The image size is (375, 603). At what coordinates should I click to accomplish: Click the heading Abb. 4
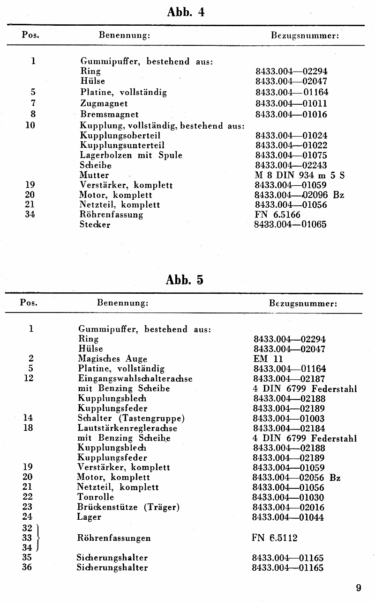coord(186,12)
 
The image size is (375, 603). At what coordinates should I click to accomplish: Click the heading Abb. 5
coord(185,280)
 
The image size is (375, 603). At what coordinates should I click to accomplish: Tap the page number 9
coord(358,588)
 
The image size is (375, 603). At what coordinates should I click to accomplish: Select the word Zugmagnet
coord(104,103)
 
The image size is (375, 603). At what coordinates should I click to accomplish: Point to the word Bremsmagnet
coord(109,114)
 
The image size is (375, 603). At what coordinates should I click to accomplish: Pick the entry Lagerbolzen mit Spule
coord(131,155)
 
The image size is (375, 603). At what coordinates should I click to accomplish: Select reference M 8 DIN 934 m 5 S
coord(300,175)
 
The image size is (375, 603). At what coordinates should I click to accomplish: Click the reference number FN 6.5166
coord(278,215)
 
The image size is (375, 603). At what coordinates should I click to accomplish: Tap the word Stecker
coord(95,225)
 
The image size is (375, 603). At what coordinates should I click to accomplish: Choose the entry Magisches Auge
coord(112,359)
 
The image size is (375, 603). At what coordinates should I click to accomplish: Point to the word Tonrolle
coord(95,497)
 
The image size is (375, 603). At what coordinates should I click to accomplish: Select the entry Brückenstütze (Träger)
coord(128,507)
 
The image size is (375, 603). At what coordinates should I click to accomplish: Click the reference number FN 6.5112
coord(274,538)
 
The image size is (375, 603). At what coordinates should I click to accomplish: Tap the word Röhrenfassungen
coord(114,538)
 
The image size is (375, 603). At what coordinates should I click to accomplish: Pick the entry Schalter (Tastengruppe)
coord(131,418)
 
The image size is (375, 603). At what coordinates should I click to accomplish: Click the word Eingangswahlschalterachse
coord(135,378)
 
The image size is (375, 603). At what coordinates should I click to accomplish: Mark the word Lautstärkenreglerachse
coord(127,428)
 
